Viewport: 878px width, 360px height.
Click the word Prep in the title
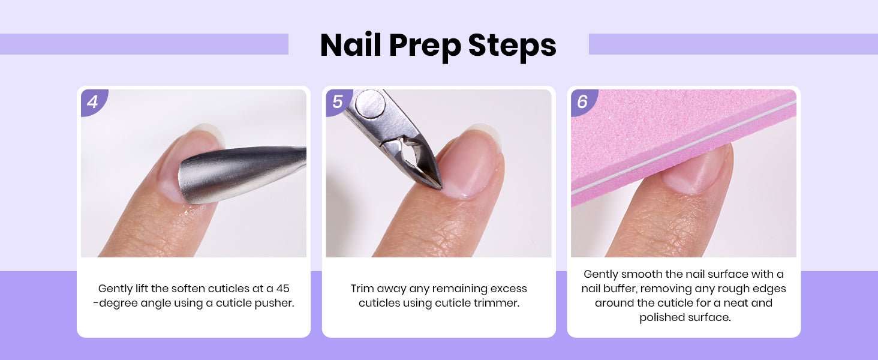425,46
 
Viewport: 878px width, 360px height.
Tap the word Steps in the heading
512,45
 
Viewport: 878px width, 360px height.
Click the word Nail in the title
350,45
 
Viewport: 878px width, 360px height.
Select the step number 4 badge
94,103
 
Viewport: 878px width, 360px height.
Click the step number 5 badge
339,103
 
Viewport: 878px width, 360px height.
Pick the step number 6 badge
584,103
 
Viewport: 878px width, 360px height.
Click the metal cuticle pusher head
235,175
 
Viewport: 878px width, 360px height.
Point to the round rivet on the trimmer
369,103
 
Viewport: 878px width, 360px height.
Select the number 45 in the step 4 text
282,289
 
